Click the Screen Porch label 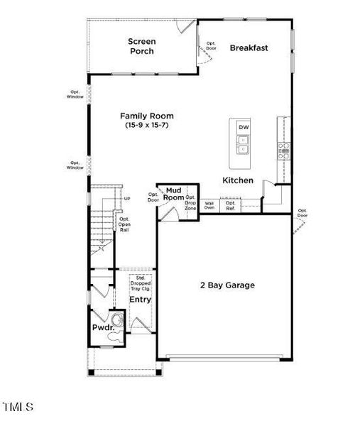(x=141, y=46)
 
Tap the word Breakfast (x=249, y=48)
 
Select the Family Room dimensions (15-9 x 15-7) (x=146, y=125)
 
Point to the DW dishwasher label (x=244, y=127)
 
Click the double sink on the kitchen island (x=244, y=146)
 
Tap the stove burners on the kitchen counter (x=283, y=148)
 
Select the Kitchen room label (x=238, y=180)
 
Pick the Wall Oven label (x=209, y=205)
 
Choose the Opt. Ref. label (x=230, y=205)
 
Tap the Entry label (x=140, y=300)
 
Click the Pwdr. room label (x=100, y=328)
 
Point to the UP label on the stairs (x=127, y=199)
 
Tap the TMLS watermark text (x=18, y=407)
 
